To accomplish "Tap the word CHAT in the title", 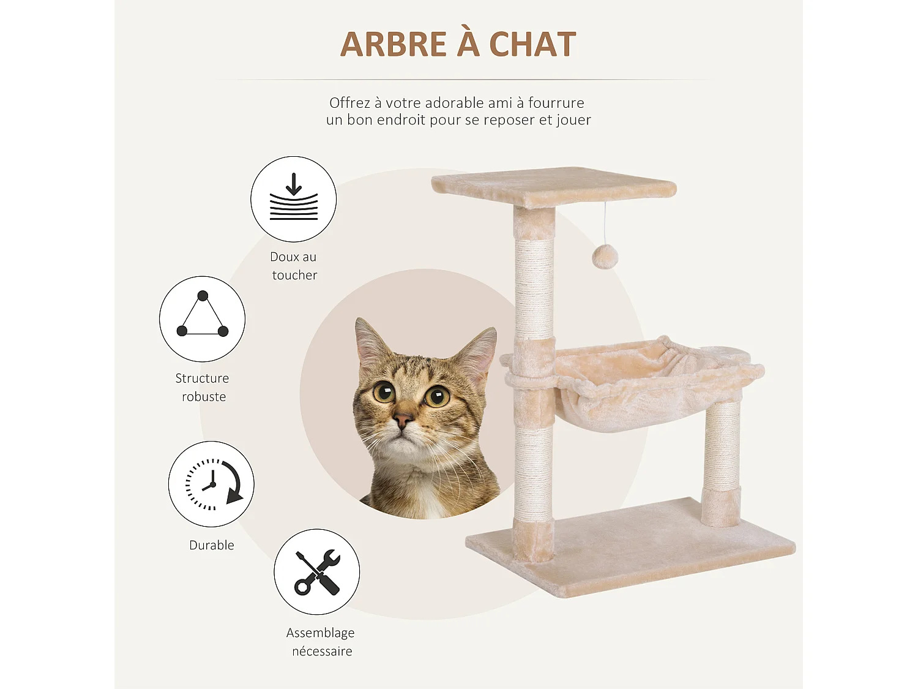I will [532, 45].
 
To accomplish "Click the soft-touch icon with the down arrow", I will [294, 198].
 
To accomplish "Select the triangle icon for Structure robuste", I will [202, 318].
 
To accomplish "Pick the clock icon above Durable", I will [211, 484].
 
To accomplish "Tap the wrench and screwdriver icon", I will [316, 572].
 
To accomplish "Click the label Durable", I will [212, 545].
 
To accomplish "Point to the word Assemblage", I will [320, 633].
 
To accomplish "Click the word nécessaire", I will [322, 651].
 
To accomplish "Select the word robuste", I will [204, 397].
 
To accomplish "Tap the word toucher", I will [294, 276].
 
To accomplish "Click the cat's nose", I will [403, 421].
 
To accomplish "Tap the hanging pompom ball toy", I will [605, 257].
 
